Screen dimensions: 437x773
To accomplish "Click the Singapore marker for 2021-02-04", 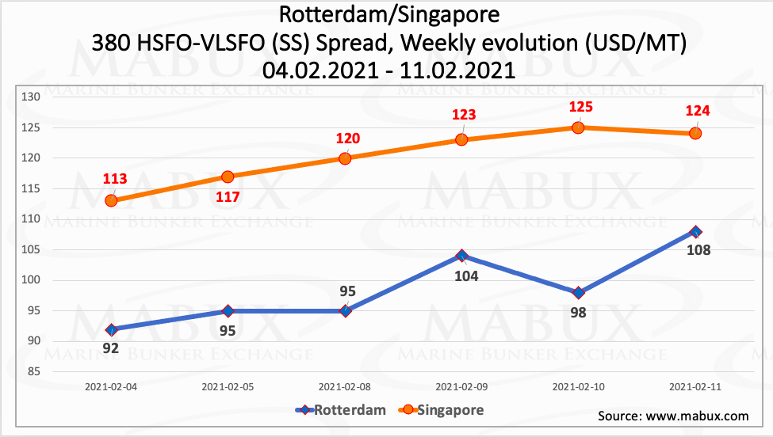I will pyautogui.click(x=111, y=200).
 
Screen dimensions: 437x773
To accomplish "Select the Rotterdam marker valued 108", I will pyautogui.click(x=695, y=232).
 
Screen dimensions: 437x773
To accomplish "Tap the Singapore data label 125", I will pyautogui.click(x=578, y=107).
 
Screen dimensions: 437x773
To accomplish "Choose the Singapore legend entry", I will pyautogui.click(x=444, y=410).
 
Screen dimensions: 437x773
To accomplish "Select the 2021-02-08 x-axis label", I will pyautogui.click(x=345, y=387).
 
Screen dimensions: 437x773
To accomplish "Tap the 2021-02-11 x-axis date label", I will pyautogui.click(x=695, y=387).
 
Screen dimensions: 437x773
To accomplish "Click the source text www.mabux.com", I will pyautogui.click(x=672, y=416).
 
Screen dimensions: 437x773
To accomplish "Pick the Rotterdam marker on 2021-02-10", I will pyautogui.click(x=578, y=293).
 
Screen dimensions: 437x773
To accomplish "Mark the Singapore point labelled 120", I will pyautogui.click(x=345, y=158).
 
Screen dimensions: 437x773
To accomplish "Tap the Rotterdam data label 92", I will pyautogui.click(x=111, y=348).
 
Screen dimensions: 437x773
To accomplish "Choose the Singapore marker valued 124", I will pyautogui.click(x=695, y=133).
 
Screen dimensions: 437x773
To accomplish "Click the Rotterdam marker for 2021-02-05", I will pyautogui.click(x=228, y=311).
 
